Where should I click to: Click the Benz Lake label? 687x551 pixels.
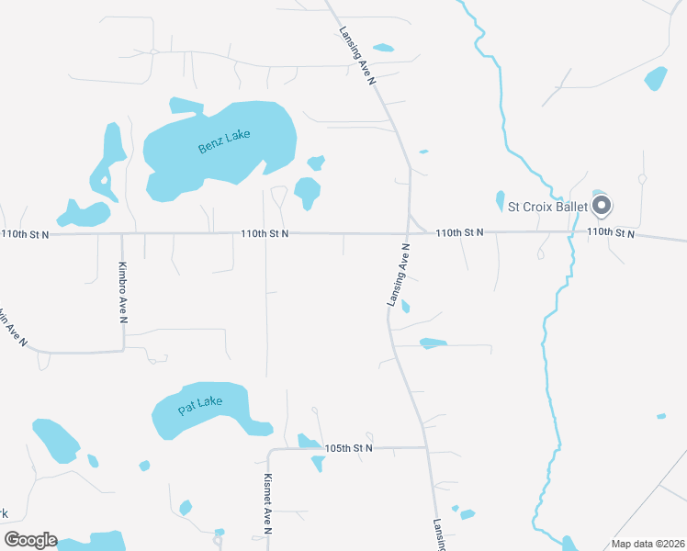pos(224,141)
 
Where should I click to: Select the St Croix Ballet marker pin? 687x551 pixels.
pos(602,205)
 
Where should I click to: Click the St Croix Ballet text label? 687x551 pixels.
pos(547,207)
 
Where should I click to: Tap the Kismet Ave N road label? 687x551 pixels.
pos(267,503)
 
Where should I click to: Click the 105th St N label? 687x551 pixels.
pos(349,448)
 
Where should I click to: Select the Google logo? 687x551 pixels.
pos(30,540)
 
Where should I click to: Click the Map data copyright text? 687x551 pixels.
pos(648,544)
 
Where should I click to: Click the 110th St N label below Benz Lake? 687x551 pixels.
pos(265,234)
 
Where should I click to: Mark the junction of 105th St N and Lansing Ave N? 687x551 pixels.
pos(426,447)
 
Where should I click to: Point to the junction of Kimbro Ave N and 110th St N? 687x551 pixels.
pos(122,233)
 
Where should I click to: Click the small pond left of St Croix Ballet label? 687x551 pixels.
pos(500,200)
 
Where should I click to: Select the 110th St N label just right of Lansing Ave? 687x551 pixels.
pos(459,233)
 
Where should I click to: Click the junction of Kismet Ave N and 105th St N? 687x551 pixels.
pos(269,451)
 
